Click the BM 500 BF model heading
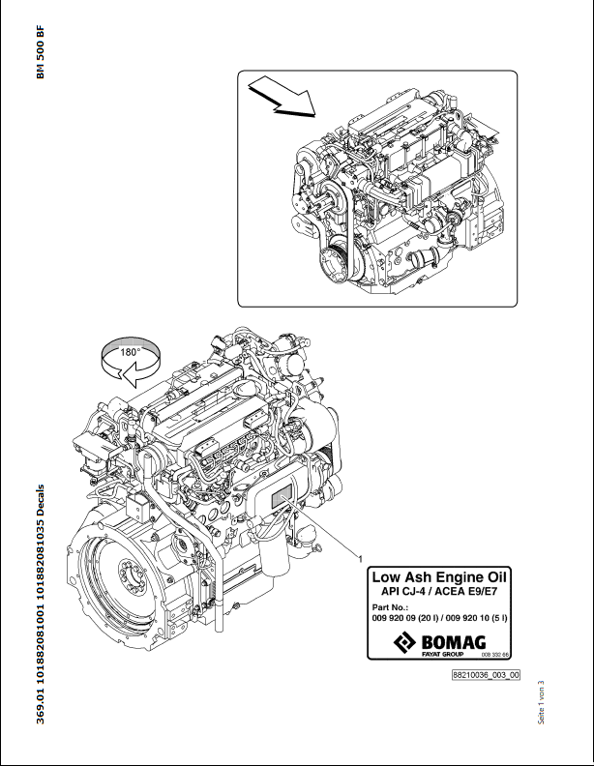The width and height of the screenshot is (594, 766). tap(40, 52)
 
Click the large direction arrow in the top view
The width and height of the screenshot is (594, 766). tap(282, 97)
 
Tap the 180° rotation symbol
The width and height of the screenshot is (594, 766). tap(131, 362)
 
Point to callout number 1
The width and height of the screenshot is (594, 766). tap(361, 558)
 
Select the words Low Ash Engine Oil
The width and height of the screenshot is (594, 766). tap(439, 577)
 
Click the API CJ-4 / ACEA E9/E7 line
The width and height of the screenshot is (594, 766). tap(439, 592)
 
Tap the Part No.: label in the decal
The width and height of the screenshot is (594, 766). tap(389, 607)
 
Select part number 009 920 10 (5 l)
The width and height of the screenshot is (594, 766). tap(476, 618)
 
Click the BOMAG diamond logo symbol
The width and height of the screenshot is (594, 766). tap(405, 642)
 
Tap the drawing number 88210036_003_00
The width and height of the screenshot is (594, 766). tap(486, 675)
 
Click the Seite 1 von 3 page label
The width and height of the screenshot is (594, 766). tap(541, 703)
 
